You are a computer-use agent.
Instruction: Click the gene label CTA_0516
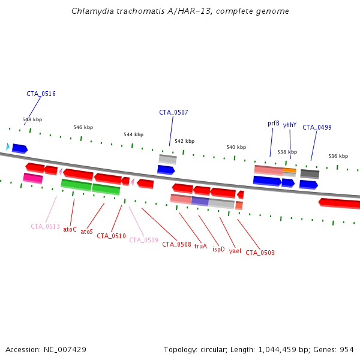(41, 94)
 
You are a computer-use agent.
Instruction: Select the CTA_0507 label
(173, 112)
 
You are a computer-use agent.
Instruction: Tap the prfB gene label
(274, 123)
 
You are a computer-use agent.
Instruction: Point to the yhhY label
(290, 125)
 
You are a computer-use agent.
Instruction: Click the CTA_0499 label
(317, 127)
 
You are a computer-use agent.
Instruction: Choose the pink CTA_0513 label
(45, 226)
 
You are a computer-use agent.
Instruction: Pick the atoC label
(70, 229)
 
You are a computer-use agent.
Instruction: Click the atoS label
(87, 232)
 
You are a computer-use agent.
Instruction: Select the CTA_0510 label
(111, 236)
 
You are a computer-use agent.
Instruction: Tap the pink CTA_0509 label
(143, 240)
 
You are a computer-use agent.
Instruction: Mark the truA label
(200, 246)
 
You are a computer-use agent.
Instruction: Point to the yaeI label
(235, 251)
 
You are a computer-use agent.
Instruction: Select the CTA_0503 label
(260, 253)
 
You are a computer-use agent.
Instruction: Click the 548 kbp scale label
(32, 119)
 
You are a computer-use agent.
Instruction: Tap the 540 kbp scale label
(236, 147)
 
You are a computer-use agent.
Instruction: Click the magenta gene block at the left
(33, 178)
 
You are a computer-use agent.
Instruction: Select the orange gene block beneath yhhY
(289, 171)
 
